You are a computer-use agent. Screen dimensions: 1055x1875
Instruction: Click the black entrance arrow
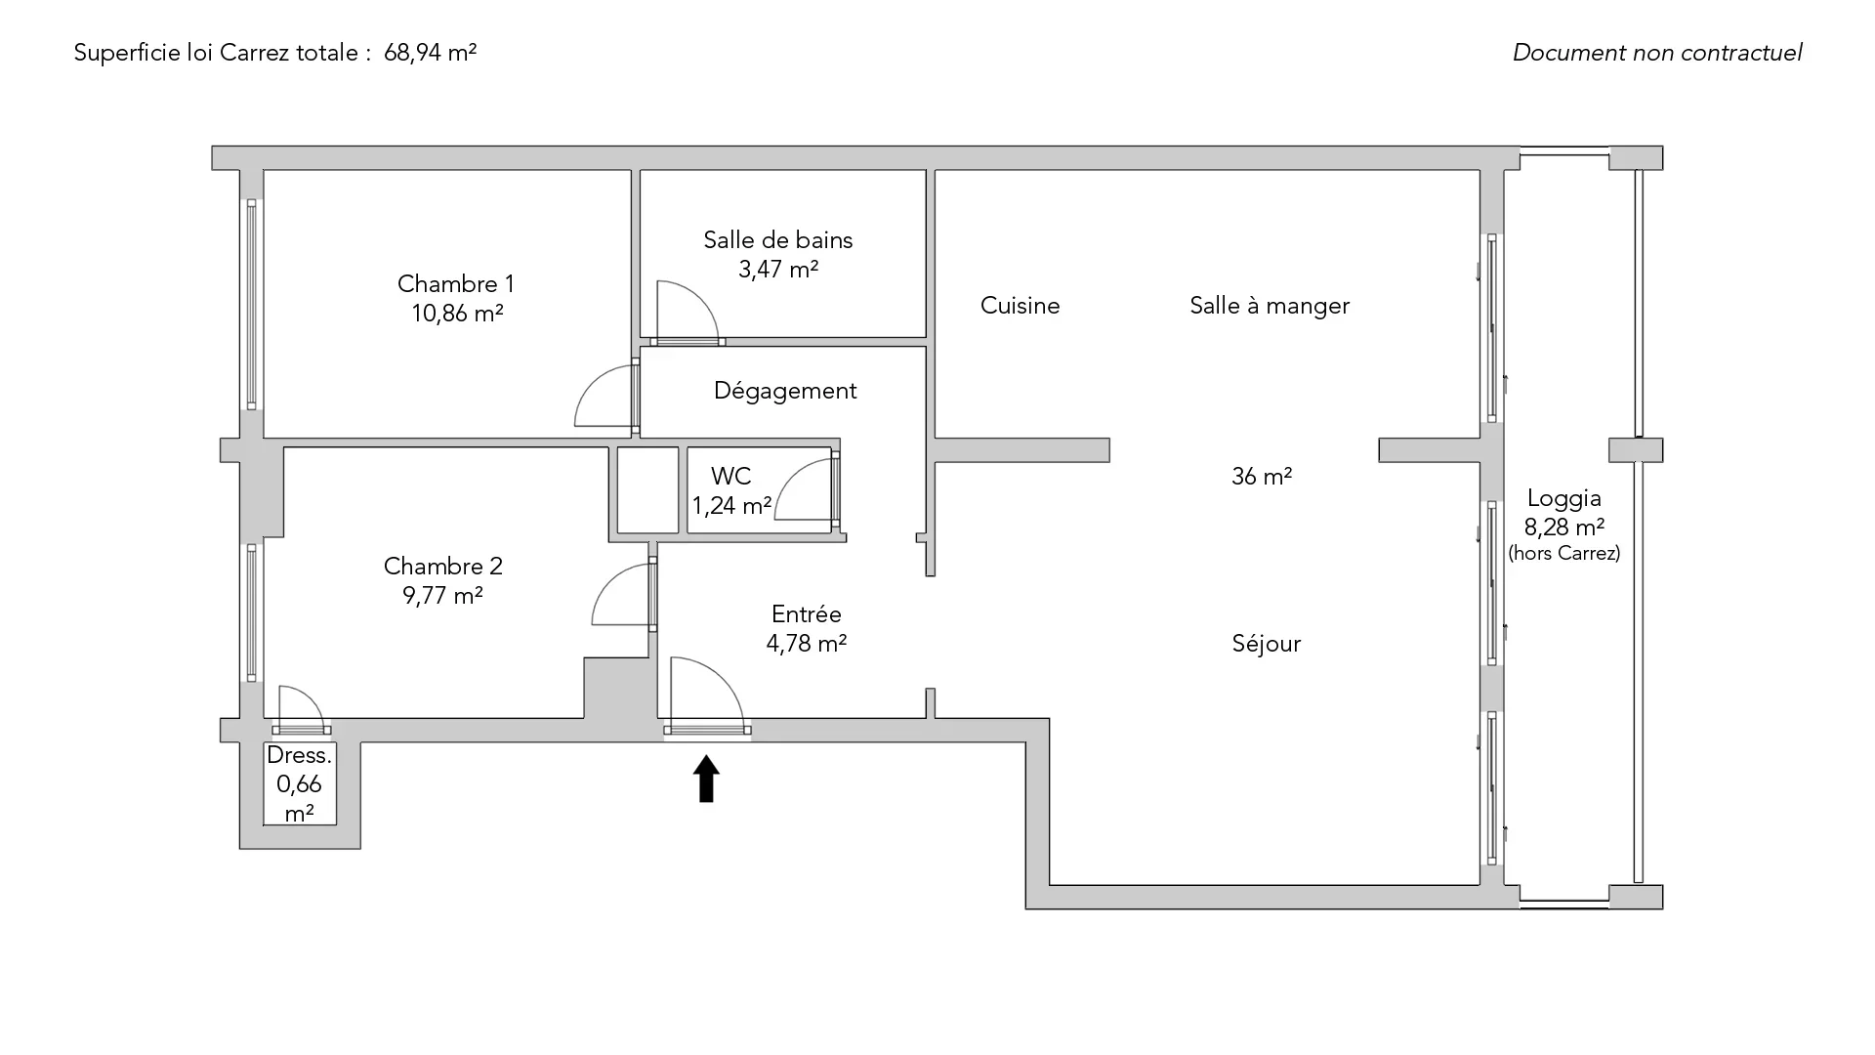[706, 780]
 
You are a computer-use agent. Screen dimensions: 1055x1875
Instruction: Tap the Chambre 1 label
[455, 284]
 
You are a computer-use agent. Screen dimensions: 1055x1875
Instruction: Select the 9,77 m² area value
[442, 595]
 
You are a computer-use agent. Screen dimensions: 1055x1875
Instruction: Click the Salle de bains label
[777, 240]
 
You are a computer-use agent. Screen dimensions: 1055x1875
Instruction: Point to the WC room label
[730, 477]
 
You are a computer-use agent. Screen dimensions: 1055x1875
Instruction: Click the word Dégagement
[785, 391]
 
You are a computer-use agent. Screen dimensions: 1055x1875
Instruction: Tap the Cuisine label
[1020, 306]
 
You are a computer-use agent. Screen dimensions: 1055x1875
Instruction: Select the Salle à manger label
[1269, 306]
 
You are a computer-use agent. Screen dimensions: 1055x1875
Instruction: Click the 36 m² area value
[1261, 477]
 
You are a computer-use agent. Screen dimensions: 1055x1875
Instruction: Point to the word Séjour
[1266, 644]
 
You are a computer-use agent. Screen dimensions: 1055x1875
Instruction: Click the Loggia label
[1563, 499]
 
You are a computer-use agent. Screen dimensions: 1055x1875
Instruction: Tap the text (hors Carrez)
[1563, 553]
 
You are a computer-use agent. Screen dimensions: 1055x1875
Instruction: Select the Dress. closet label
[299, 755]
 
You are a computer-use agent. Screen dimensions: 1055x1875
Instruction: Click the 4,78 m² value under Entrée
[806, 644]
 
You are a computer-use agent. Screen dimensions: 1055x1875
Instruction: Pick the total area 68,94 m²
[430, 53]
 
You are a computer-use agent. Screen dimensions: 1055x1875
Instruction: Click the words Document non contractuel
[1656, 53]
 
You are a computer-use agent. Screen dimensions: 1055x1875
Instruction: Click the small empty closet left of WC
[647, 490]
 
